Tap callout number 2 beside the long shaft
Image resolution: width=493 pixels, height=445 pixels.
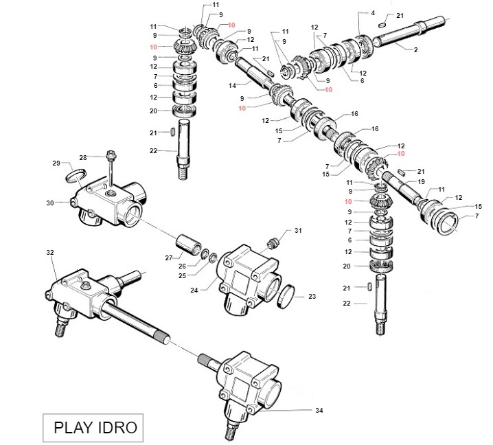[415, 50]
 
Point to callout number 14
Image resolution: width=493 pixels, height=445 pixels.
[232, 85]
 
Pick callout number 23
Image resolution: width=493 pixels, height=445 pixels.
[312, 297]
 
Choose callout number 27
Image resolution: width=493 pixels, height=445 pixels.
[168, 258]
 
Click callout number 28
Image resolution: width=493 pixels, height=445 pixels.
[83, 157]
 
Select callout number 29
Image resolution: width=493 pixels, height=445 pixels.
[57, 163]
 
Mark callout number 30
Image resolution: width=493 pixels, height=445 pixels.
[49, 203]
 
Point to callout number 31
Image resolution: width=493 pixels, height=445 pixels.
[298, 230]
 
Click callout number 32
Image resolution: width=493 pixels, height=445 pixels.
[50, 253]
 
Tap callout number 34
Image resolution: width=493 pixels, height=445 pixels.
[319, 411]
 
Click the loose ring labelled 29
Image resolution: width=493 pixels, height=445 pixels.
[76, 178]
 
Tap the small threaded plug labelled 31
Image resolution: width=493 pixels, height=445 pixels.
[273, 241]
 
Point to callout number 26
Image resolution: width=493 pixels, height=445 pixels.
[182, 266]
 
